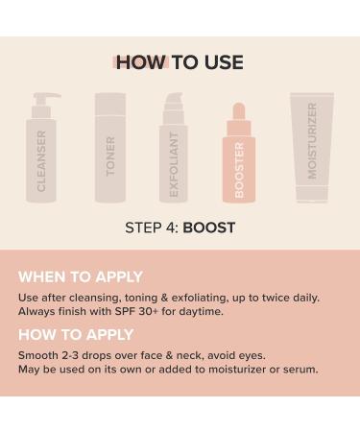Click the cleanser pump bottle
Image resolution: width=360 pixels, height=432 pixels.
(42, 154)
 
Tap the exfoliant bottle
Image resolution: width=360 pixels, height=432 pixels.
(174, 154)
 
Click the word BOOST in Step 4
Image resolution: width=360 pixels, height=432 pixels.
(210, 228)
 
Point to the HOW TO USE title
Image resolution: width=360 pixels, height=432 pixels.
(180, 62)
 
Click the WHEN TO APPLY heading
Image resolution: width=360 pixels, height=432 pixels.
(81, 276)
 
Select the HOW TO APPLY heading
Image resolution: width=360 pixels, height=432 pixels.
(77, 335)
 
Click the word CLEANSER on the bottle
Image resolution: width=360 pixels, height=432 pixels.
(42, 161)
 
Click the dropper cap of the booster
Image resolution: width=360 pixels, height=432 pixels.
(238, 115)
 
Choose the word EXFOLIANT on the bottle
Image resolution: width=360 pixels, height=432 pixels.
(174, 164)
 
